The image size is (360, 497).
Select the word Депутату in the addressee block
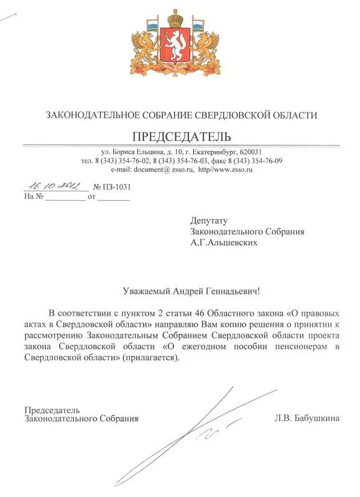[x=210, y=221]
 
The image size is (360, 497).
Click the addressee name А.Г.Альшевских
[x=224, y=243]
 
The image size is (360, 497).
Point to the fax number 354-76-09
[x=265, y=161]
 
